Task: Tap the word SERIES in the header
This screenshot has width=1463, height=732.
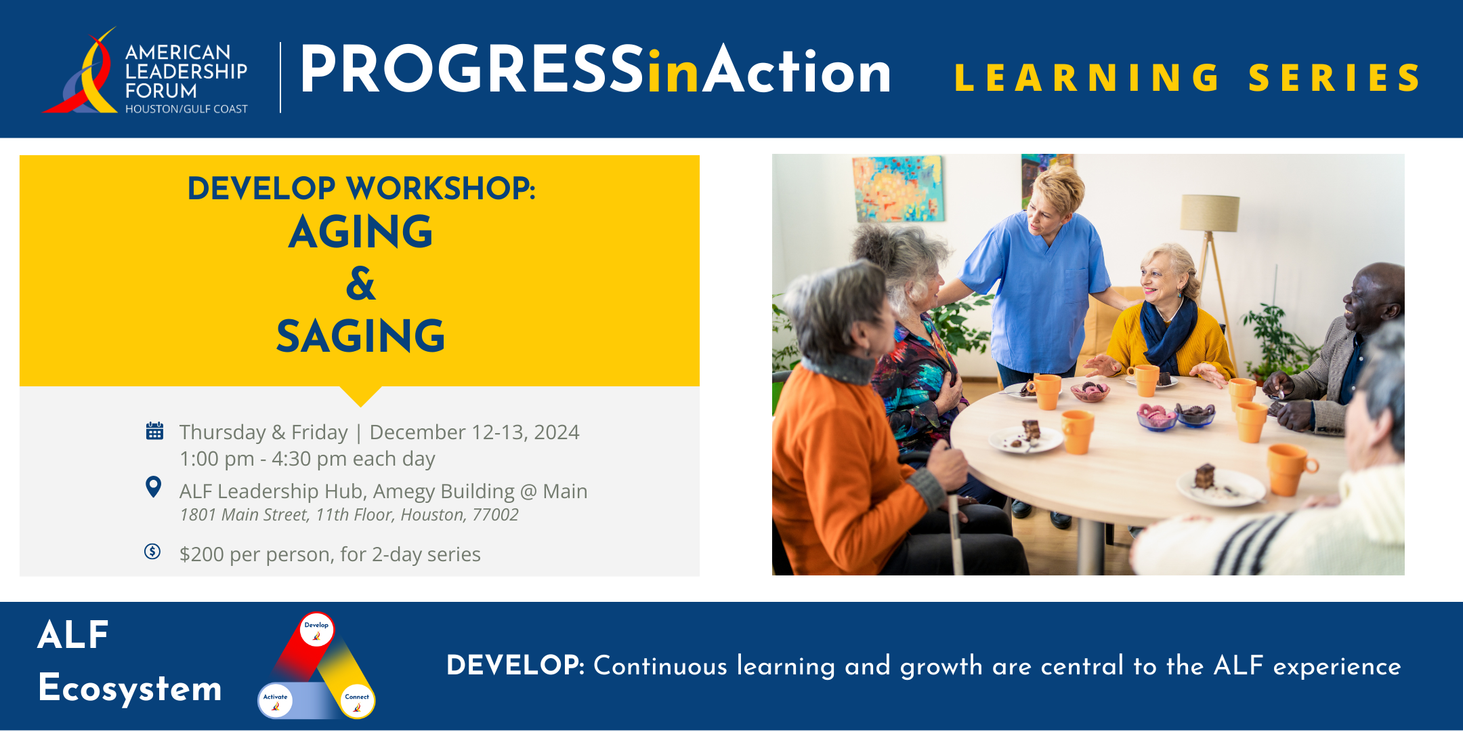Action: (1334, 78)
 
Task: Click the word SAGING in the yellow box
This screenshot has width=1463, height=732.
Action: (360, 336)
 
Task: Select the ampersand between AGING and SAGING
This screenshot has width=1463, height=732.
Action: (360, 283)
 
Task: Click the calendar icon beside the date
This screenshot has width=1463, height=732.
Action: (154, 430)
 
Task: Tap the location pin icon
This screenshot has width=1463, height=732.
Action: (154, 486)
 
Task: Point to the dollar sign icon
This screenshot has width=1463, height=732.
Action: (152, 551)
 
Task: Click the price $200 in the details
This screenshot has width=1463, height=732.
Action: (202, 554)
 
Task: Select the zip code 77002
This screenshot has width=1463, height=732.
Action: (495, 515)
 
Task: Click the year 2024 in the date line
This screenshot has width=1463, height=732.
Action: (556, 432)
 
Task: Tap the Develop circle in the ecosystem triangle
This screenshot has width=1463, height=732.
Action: (316, 629)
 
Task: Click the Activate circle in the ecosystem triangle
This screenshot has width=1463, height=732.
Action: (275, 701)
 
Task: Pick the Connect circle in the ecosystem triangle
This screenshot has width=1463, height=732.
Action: (357, 701)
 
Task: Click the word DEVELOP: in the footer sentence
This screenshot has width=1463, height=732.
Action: (515, 666)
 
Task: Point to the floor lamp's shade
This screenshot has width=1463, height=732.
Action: (1210, 213)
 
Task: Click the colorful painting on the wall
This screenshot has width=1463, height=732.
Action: (897, 188)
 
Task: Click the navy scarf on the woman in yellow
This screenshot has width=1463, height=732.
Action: (1166, 332)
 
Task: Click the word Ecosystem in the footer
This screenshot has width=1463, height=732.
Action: (130, 689)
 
